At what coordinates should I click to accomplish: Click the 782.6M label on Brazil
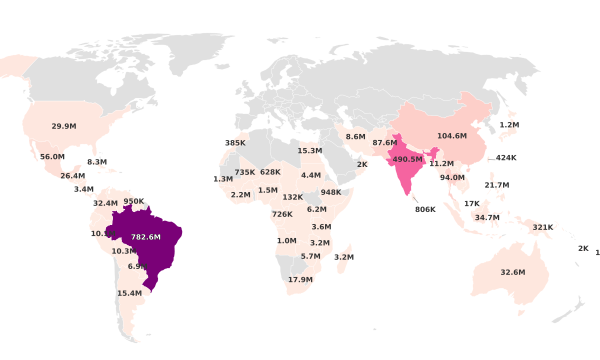tap(145, 237)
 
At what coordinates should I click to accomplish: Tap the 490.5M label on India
tap(407, 159)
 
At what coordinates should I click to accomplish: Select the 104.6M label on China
tap(452, 136)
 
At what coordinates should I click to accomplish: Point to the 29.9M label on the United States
tap(64, 126)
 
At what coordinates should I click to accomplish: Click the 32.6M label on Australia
tap(513, 272)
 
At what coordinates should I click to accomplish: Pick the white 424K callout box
tap(506, 158)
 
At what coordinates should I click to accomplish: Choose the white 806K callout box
tap(425, 209)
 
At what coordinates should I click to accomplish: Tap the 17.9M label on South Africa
tap(300, 279)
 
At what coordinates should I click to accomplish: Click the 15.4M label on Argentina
tap(129, 293)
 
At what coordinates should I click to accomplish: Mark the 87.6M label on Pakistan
tap(385, 142)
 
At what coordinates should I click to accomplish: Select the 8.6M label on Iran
tap(355, 136)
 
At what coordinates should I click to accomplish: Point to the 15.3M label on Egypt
tap(309, 150)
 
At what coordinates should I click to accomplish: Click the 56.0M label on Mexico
tap(52, 156)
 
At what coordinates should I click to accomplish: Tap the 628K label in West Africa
tap(270, 172)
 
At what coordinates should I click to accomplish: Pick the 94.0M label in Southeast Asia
tap(452, 177)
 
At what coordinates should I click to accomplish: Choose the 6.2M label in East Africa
tap(316, 209)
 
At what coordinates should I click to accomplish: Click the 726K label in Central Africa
tap(282, 214)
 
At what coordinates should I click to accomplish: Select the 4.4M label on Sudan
tap(310, 175)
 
